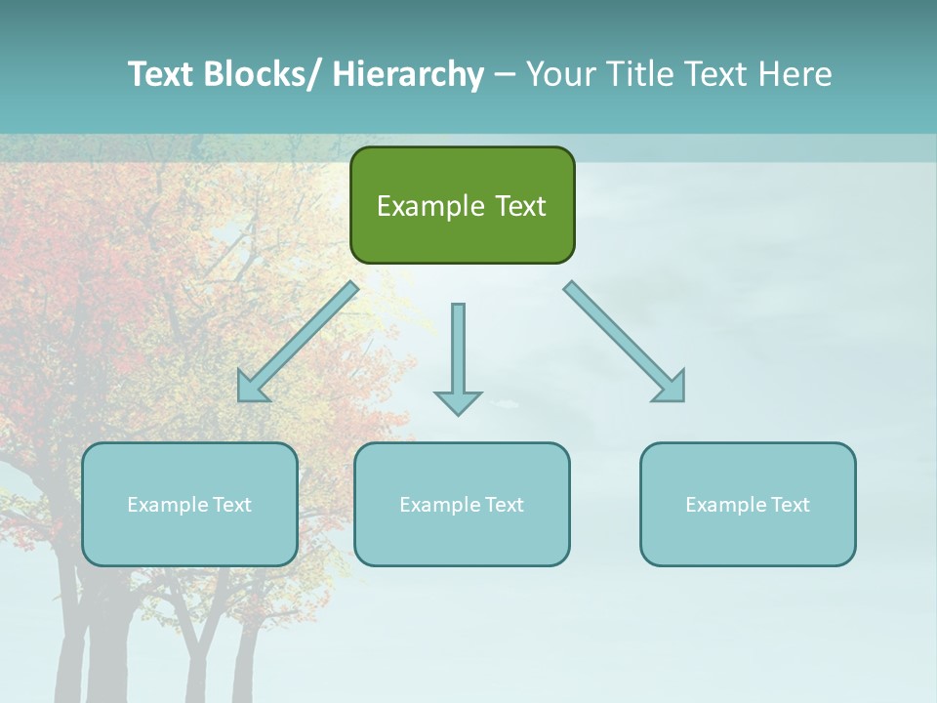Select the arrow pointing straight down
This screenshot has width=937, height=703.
(x=458, y=351)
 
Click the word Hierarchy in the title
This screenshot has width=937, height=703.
(x=408, y=74)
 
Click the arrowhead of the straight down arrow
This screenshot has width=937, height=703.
(x=458, y=402)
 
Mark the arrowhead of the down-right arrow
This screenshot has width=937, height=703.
(x=672, y=388)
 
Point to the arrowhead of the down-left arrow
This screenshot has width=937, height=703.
(x=252, y=388)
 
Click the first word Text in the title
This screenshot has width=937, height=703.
(x=162, y=74)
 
